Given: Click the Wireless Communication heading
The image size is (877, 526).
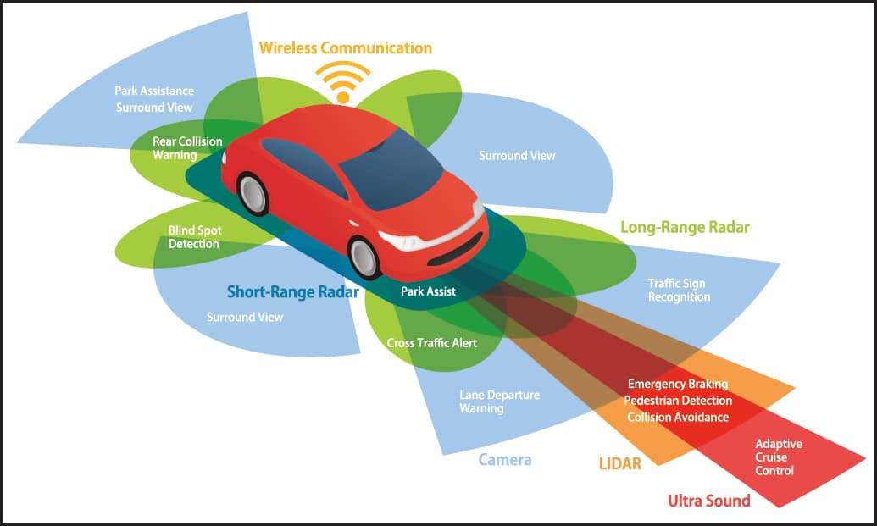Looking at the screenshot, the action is pos(345,48).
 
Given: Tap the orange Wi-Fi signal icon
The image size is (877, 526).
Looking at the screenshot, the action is pos(343,83).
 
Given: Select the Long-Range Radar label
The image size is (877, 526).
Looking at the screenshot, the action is pos(685,227).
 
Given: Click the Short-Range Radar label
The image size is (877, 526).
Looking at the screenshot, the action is pos(292,291).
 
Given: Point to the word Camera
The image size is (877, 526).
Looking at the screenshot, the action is pos(504,460).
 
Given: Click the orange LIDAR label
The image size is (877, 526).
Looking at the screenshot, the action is pos(619,463).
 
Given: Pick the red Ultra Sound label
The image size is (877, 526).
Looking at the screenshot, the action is pos(708,501).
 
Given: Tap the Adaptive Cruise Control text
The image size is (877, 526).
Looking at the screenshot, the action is pos(778,457).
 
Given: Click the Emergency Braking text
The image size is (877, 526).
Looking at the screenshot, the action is pos(678,384).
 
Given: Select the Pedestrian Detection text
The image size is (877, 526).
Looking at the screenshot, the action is pos(678,401).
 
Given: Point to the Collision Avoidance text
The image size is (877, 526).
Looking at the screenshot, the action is pos(678,417).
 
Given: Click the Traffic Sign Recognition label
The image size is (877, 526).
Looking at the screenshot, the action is pos(679,291).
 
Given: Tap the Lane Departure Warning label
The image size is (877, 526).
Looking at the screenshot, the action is pos(499,401).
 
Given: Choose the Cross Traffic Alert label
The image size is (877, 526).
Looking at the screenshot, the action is pos(432,343).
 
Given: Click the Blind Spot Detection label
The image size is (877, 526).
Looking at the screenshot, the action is pos(195,237).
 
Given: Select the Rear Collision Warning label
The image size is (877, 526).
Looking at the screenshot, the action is pos(187,148).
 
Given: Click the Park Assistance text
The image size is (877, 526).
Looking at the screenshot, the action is pos(154,91).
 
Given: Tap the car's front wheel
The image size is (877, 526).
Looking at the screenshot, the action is pos(364,257).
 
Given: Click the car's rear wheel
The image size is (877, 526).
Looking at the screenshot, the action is pos(253,194).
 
